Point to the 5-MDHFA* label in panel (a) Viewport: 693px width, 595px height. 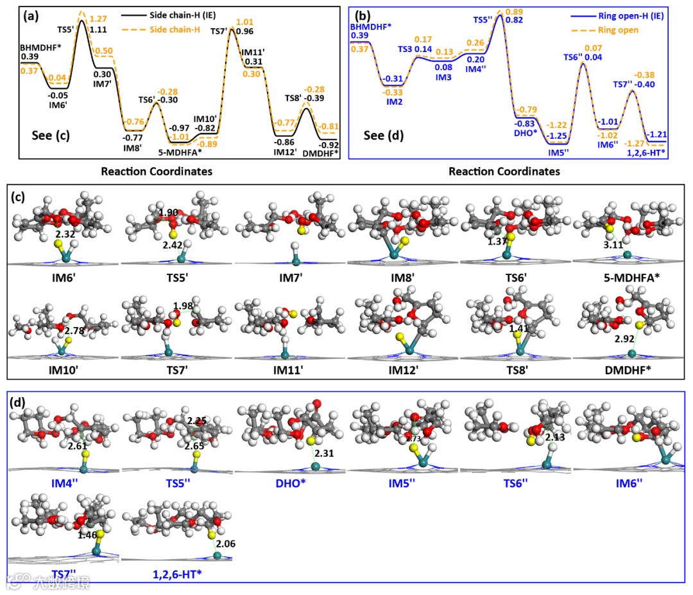[181, 153]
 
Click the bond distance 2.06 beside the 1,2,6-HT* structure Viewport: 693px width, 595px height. [226, 544]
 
